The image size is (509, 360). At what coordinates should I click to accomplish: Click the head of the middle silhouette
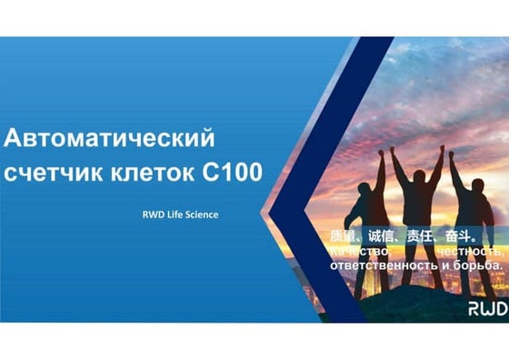pos(419,175)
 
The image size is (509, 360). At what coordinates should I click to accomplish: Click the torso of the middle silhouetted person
pos(419,209)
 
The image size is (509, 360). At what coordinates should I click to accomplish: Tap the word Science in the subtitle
pos(199,215)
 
